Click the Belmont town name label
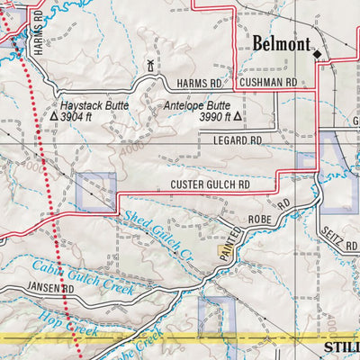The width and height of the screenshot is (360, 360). click(281, 44)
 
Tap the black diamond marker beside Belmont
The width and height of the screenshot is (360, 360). click(317, 54)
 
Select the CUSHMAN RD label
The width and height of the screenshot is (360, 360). click(267, 82)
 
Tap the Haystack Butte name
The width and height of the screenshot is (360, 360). click(94, 105)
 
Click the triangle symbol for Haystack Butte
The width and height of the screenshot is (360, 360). click(54, 117)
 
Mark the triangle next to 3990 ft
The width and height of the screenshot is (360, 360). click(239, 117)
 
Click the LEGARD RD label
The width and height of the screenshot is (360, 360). click(237, 141)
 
